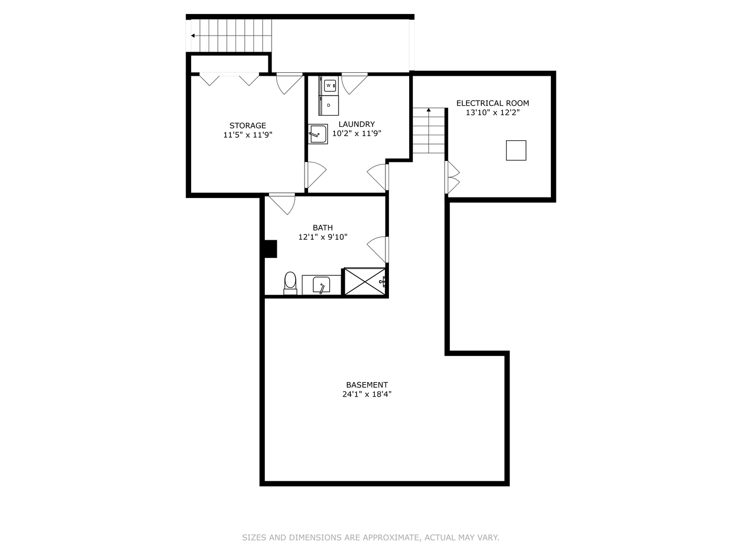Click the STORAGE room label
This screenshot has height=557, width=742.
pyautogui.click(x=247, y=125)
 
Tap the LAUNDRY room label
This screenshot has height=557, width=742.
pyautogui.click(x=357, y=124)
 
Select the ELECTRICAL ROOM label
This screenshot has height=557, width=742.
pyautogui.click(x=493, y=103)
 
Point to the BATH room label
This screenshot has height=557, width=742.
pyautogui.click(x=323, y=227)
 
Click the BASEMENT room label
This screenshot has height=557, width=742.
pyautogui.click(x=367, y=385)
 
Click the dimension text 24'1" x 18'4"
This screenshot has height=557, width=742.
pyautogui.click(x=367, y=395)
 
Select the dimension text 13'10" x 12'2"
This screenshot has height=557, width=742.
pyautogui.click(x=493, y=113)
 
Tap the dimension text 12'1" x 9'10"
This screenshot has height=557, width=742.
pyautogui.click(x=323, y=237)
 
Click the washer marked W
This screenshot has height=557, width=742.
pyautogui.click(x=329, y=86)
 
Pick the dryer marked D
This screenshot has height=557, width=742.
pyautogui.click(x=329, y=105)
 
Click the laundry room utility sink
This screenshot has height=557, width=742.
pyautogui.click(x=317, y=134)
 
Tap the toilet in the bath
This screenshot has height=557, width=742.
pyautogui.click(x=290, y=283)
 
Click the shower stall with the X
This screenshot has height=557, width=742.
pyautogui.click(x=364, y=282)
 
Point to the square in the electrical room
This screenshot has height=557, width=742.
pyautogui.click(x=516, y=150)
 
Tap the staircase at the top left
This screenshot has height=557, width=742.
pyautogui.click(x=231, y=36)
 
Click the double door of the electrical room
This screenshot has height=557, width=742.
pyautogui.click(x=452, y=177)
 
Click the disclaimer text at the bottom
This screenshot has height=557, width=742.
pyautogui.click(x=370, y=537)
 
